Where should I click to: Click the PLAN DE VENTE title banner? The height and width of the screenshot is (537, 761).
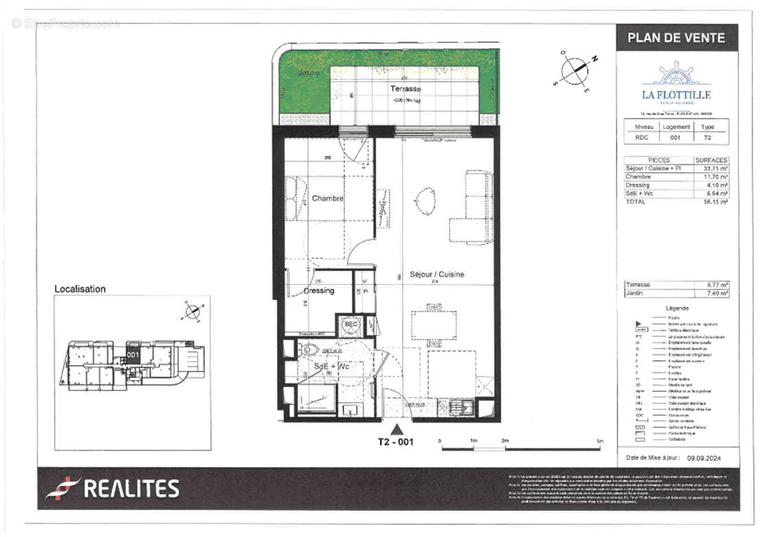(x=676, y=38)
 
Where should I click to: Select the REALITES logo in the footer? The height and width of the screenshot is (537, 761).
(x=112, y=488)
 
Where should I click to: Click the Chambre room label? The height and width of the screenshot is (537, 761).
(x=328, y=199)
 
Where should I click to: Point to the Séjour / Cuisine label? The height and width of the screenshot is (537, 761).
(x=437, y=274)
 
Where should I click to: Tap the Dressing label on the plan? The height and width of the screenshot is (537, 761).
(x=319, y=290)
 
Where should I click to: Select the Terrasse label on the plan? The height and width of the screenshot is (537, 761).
(x=406, y=89)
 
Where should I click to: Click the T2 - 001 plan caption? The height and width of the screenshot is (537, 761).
(x=396, y=442)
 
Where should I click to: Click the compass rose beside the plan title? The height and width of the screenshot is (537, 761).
(x=575, y=70)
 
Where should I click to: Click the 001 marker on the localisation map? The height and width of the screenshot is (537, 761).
(x=133, y=355)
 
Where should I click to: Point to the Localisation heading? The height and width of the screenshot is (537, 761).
(x=80, y=289)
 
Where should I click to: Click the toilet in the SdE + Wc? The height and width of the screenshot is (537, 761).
(x=309, y=350)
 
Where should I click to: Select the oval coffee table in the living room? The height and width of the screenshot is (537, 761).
(x=425, y=201)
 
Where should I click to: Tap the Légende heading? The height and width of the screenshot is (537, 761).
(x=677, y=309)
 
